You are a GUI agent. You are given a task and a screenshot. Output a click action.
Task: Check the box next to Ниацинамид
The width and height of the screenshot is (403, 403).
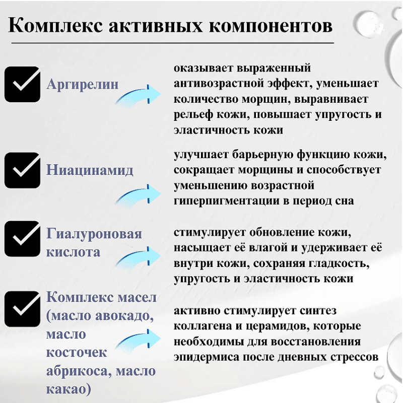[x=22, y=170]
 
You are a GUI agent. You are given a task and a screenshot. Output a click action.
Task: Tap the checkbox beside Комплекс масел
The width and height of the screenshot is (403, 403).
[x=22, y=309]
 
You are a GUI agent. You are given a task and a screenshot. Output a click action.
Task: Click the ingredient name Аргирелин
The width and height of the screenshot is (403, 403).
[x=83, y=84]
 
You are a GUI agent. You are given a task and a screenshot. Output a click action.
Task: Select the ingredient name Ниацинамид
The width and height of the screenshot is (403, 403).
[x=90, y=170]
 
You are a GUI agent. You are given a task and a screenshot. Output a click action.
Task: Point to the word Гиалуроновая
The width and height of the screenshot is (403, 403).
[x=94, y=234]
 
